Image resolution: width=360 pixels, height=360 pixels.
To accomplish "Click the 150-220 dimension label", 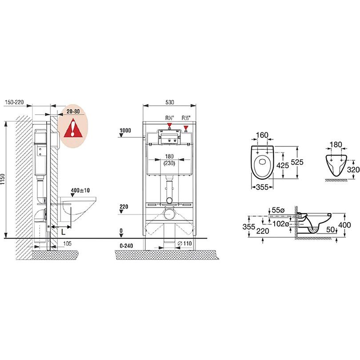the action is pyautogui.click(x=14, y=102).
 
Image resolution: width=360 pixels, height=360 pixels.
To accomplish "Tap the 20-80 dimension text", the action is pyautogui.click(x=73, y=112).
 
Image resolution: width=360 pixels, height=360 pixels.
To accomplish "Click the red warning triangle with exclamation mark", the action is pyautogui.click(x=73, y=128).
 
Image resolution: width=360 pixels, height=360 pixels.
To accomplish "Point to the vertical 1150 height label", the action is pyautogui.click(x=3, y=180).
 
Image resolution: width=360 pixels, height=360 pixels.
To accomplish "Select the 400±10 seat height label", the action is pyautogui.click(x=80, y=190).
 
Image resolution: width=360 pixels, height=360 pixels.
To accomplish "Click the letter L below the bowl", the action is pyautogui.click(x=64, y=232).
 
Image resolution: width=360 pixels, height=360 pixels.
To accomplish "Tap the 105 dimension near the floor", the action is pyautogui.click(x=67, y=244).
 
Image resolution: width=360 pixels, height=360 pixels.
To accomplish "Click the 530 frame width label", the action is pyautogui.click(x=170, y=102).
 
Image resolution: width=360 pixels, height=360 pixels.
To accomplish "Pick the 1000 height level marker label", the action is pyautogui.click(x=125, y=130).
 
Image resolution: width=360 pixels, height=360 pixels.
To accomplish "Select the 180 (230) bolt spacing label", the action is pyautogui.click(x=169, y=160).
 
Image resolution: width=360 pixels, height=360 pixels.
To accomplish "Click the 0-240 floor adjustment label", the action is pyautogui.click(x=126, y=246).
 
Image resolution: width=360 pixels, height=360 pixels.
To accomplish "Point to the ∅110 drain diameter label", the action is pyautogui.click(x=185, y=244).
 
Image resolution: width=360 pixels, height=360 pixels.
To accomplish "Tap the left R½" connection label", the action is pyautogui.click(x=170, y=118).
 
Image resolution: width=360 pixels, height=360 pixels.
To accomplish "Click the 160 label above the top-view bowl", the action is pyautogui.click(x=262, y=135).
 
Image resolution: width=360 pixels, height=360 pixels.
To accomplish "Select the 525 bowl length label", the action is pyautogui.click(x=297, y=162).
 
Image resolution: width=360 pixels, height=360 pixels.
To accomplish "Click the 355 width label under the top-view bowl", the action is pyautogui.click(x=262, y=187).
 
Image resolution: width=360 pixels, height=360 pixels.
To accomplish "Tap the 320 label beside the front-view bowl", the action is pyautogui.click(x=353, y=169).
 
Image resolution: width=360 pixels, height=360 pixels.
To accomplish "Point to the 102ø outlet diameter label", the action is pyautogui.click(x=280, y=224).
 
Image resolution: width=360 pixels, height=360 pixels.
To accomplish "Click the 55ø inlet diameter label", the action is pyautogui.click(x=278, y=210).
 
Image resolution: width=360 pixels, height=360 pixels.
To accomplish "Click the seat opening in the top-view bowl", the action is pyautogui.click(x=262, y=162).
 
